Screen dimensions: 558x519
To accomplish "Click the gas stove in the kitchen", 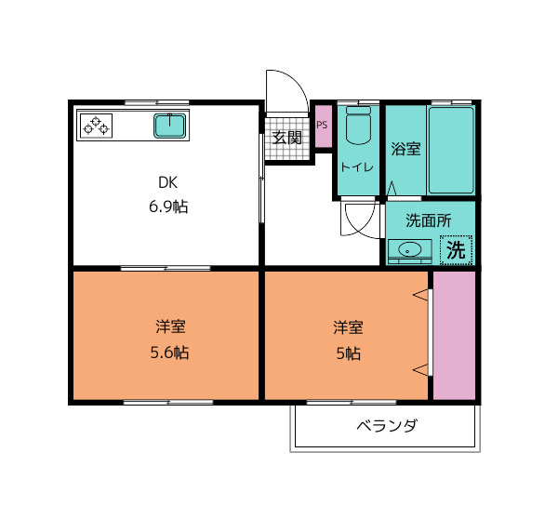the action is point(97,126).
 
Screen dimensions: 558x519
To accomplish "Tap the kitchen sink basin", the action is point(170,126).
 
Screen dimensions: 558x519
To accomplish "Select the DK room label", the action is point(167,182).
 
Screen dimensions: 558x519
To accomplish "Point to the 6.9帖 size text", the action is point(168,206).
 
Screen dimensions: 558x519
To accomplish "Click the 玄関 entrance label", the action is point(286,138).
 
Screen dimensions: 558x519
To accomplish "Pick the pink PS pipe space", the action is point(324,126).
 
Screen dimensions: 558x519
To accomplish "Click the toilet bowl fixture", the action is point(358,126).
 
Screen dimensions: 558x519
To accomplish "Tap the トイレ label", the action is point(357,166).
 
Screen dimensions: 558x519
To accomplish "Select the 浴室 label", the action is point(405,149).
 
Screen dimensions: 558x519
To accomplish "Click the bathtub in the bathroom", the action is point(451,151).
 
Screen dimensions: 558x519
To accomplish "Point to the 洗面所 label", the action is point(429,220).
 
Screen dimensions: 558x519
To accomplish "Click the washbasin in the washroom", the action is point(409,250).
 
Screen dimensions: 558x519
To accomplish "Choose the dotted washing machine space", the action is point(457,250).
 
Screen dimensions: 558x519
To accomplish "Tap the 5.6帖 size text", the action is point(169,353).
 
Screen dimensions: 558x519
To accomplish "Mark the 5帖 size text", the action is point(349,353).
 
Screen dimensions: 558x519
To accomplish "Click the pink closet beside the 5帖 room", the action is point(455,336).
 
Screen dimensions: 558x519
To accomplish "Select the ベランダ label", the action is point(387,425).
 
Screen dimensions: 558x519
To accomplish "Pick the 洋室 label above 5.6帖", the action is point(170,326).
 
